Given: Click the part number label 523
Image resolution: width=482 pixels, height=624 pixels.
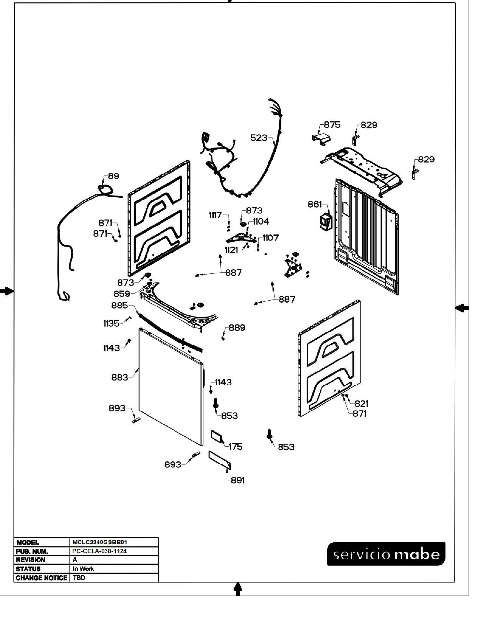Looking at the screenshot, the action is [259, 138].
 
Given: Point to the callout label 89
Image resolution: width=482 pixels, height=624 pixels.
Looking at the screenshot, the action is [113, 176].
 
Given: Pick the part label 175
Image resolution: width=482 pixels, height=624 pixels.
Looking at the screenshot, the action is [236, 447].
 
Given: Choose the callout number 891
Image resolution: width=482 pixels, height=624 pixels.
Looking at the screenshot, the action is [238, 480].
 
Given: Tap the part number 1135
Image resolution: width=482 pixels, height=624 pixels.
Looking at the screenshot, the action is [111, 324].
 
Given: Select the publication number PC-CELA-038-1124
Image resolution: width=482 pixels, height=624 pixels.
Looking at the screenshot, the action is [99, 551].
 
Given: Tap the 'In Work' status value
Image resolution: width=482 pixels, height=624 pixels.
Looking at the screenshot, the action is [83, 569].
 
